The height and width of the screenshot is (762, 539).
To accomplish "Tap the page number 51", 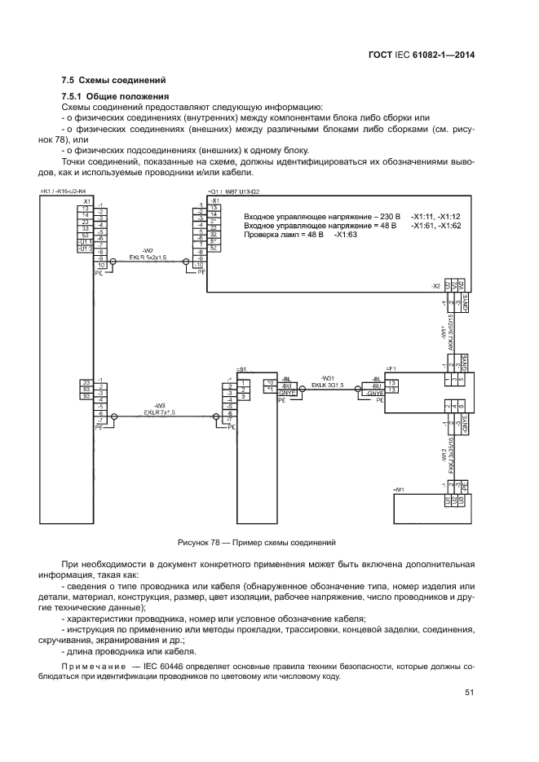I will (x=470, y=693).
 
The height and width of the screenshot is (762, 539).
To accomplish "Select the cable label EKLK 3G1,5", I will (x=324, y=385).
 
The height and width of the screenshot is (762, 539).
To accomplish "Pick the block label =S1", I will (x=241, y=369).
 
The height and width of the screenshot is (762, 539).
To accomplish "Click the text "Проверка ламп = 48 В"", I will (x=283, y=234).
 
